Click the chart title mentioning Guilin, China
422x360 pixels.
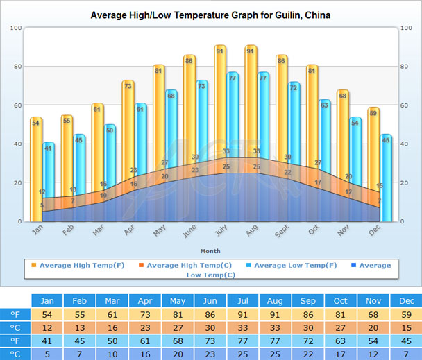click(210, 15)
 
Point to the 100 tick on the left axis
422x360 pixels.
click(17, 28)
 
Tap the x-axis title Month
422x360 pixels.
click(210, 250)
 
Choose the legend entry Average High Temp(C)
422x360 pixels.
click(184, 265)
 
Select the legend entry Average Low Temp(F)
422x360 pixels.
click(295, 265)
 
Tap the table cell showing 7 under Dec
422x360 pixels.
click(405, 354)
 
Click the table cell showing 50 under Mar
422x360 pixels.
click(112, 341)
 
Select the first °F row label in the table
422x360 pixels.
click(15, 315)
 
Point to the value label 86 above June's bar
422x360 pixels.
click(189, 60)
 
